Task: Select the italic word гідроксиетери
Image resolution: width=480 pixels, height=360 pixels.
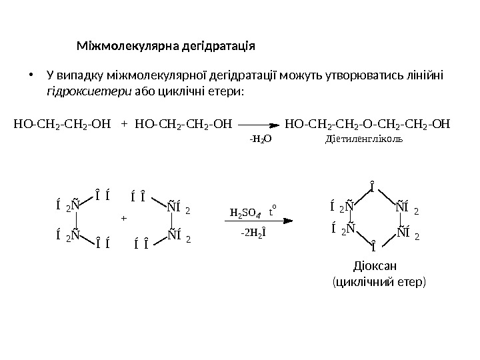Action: [89, 90]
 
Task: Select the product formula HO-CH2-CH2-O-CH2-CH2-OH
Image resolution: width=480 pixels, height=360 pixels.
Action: [367, 123]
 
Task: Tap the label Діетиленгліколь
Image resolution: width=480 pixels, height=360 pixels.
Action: [364, 139]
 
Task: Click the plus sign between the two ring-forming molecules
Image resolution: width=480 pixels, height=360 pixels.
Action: [122, 218]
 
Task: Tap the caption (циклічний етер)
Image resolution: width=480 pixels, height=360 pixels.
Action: [378, 283]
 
